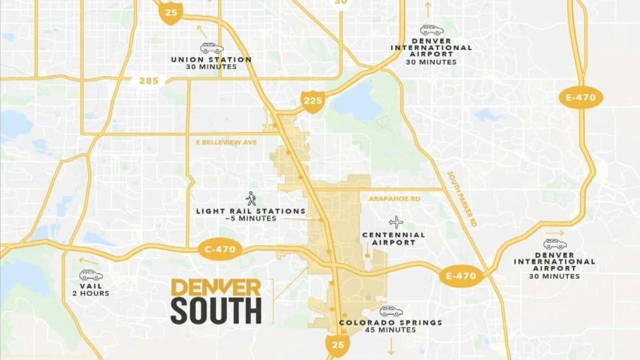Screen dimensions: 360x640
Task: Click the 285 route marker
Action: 148,81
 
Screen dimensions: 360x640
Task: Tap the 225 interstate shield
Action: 313,101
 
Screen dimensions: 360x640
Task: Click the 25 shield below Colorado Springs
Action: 338,343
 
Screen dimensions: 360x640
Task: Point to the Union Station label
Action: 212,59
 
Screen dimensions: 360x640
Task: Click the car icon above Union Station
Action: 212,48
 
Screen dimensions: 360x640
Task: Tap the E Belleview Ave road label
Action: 226,142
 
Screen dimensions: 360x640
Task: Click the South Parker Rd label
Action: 462,199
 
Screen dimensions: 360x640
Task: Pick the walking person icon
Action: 251,199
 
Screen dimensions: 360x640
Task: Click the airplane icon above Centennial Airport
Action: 396,222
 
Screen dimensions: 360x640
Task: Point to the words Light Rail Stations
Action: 251,211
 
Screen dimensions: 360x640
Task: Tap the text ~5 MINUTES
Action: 251,219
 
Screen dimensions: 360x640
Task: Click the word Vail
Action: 91,286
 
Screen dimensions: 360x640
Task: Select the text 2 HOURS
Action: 91,293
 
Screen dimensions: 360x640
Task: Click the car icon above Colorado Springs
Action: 391,311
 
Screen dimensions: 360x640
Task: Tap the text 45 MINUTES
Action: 391,330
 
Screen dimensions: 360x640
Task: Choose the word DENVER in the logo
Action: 216,288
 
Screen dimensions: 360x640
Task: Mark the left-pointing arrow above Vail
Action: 89,261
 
